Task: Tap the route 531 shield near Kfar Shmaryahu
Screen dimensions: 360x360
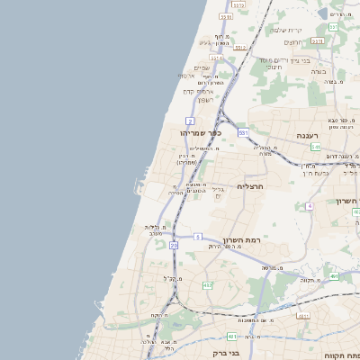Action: tap(243, 132)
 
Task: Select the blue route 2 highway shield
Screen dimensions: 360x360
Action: tap(190, 120)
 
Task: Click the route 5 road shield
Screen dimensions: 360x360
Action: tap(197, 237)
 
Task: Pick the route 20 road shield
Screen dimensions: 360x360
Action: tap(173, 244)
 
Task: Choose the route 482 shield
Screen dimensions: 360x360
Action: tap(208, 285)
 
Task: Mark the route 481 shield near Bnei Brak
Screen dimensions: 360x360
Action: tap(231, 337)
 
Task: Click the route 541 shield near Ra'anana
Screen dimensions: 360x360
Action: tap(317, 145)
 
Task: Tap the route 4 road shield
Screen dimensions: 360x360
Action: tap(309, 206)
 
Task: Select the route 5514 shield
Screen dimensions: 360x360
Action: tap(216, 58)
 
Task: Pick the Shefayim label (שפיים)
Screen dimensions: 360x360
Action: tap(202, 67)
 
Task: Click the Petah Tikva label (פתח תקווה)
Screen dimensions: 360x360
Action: tap(346, 353)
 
